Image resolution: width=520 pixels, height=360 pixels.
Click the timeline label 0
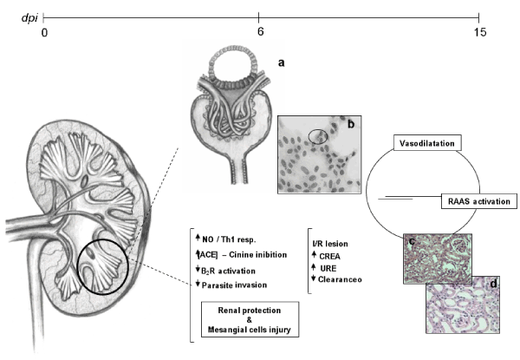44,33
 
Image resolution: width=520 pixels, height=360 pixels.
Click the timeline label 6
259,33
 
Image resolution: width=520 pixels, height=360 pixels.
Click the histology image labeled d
465,303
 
